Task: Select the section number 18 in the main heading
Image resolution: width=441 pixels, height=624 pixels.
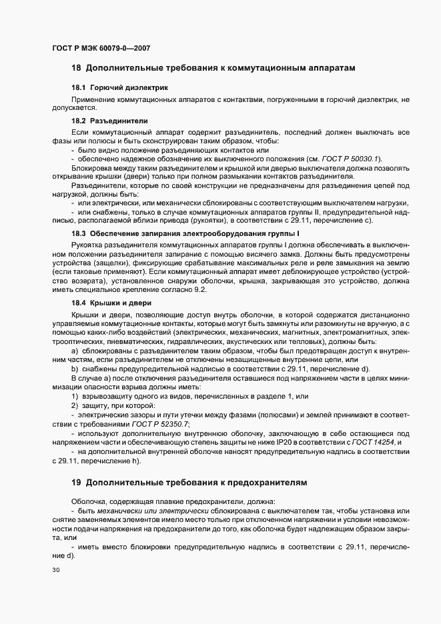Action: pos(76,68)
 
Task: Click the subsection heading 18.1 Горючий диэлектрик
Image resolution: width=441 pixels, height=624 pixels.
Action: pos(110,88)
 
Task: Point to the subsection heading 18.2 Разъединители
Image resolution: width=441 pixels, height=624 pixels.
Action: pos(109,121)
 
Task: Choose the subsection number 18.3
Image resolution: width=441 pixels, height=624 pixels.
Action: pos(79,233)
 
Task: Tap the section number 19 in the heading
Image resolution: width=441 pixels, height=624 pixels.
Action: pos(76,482)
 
